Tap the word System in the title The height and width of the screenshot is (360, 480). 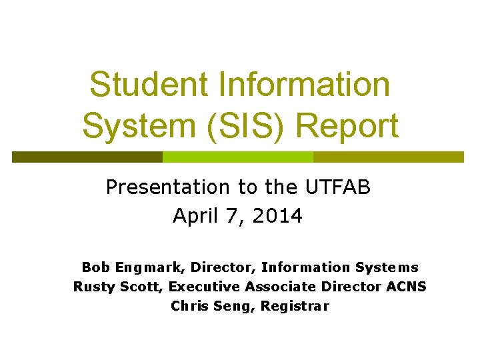134,125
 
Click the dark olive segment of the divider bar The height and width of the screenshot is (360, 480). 87,157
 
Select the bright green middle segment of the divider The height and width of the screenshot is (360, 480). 238,157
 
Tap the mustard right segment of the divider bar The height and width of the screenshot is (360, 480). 388,157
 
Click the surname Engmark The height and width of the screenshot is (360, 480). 150,267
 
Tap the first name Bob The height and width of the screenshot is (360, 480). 95,267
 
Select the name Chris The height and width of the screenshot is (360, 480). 189,306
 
